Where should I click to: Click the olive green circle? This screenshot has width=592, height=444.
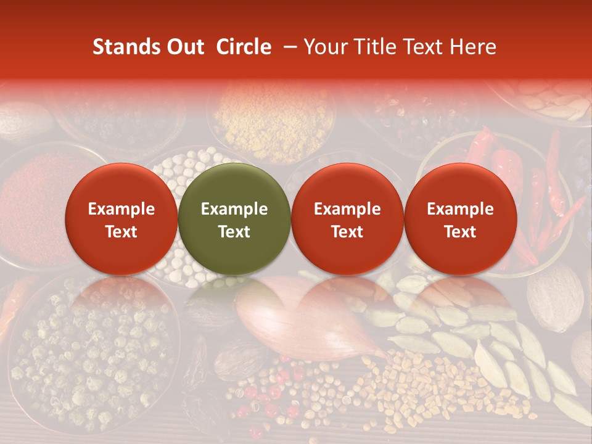(234, 219)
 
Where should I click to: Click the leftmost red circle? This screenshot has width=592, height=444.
(121, 219)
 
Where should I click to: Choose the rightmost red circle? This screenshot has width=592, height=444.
(460, 219)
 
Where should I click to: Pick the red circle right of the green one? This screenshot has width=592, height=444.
(347, 219)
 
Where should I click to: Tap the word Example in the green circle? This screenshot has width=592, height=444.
(234, 209)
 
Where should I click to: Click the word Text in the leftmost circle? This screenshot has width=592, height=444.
(121, 232)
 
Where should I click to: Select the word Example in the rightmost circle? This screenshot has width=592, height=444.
(460, 209)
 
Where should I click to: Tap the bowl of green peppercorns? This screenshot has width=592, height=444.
(92, 351)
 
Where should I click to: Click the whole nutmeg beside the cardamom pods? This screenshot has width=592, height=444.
(554, 296)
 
